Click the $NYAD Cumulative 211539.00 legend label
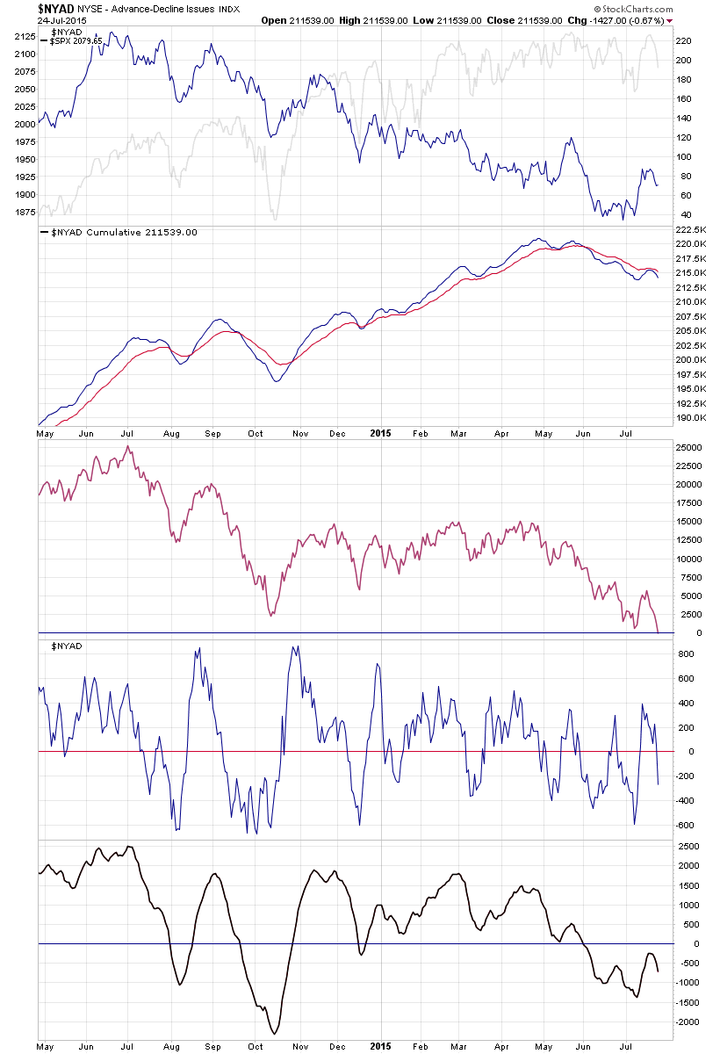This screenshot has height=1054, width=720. (x=119, y=232)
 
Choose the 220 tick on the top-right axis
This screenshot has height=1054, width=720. (x=684, y=40)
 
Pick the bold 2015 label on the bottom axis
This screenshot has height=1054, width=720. (x=380, y=1048)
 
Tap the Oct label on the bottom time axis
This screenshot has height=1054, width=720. (x=256, y=1048)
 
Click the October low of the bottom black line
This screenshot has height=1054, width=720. (x=276, y=1033)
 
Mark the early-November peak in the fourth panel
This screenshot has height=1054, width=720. (x=295, y=647)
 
